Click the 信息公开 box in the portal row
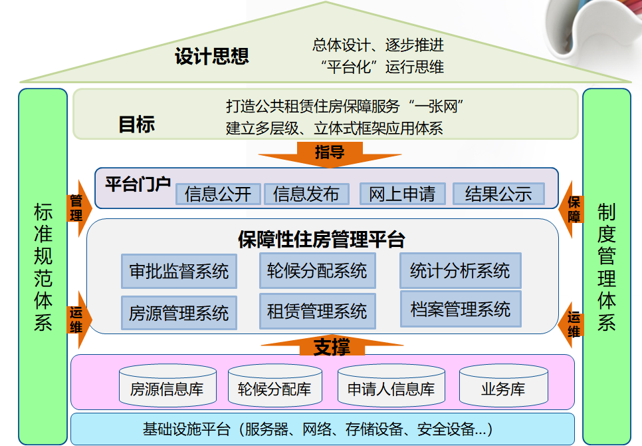pyautogui.click(x=218, y=194)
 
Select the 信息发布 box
pyautogui.click(x=306, y=194)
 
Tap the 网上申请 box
pyautogui.click(x=402, y=194)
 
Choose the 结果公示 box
pyautogui.click(x=498, y=194)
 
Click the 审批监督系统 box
pyautogui.click(x=179, y=271)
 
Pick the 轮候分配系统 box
pyautogui.click(x=317, y=270)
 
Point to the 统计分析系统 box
pyautogui.click(x=460, y=270)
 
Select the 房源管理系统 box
pyautogui.click(x=179, y=312)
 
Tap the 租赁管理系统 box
pyautogui.click(x=317, y=310)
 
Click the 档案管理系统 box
pyautogui.click(x=461, y=309)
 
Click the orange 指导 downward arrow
pyautogui.click(x=330, y=154)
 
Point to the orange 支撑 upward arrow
pyautogui.click(x=331, y=346)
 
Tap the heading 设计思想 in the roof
pyautogui.click(x=211, y=57)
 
